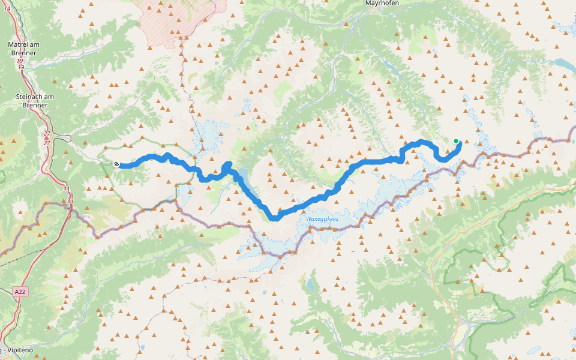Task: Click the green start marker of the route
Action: coord(456,142)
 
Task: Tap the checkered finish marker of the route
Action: coord(116,164)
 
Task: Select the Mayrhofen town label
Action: coord(382,3)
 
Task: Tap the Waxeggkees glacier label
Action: coord(322,220)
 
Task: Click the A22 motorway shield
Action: coord(20,292)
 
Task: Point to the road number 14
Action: coord(7,8)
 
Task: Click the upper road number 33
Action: coord(65,188)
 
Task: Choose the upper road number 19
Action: coord(20,61)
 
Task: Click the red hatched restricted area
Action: coord(180,15)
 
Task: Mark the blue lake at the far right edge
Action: coord(564,64)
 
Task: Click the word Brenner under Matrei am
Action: coord(23,53)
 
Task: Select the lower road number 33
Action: coord(70,200)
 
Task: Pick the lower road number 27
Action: coord(47,143)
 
